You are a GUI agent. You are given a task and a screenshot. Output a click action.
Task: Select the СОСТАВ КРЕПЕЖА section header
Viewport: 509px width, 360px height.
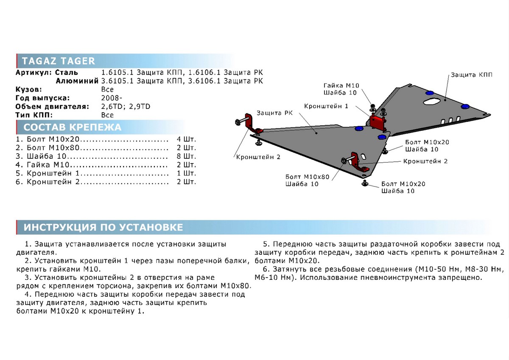(72, 127)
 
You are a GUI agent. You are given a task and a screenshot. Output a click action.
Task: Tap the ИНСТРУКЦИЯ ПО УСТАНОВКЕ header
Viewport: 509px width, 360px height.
(103, 228)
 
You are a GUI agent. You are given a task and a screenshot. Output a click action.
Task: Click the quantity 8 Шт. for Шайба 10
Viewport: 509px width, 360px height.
(186, 155)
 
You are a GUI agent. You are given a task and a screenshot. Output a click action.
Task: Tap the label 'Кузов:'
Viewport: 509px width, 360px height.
(28, 90)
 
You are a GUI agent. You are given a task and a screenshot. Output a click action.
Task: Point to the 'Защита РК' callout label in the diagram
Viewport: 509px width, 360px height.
(274, 113)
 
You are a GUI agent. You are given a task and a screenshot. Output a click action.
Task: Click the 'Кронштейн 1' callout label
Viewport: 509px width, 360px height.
(326, 106)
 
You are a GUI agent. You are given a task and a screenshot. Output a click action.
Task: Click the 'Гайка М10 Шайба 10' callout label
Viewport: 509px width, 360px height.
(340, 89)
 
